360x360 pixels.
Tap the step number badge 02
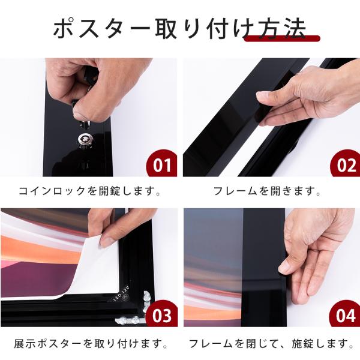pos(345,164)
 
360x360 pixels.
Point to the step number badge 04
pos(345,315)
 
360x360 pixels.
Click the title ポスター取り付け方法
pos(179,28)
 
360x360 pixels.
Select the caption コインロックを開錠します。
pos(89,192)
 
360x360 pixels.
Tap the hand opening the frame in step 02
pos(300,96)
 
